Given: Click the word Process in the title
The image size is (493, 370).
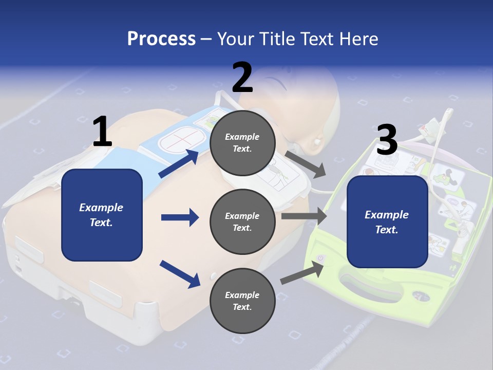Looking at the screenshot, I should click(x=161, y=39).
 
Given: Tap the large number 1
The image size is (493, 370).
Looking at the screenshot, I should click(x=102, y=132).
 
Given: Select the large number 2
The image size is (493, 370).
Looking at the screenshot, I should click(x=242, y=77).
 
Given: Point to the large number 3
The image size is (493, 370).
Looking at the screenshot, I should click(x=387, y=140).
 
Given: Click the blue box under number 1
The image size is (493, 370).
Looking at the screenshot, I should click(x=102, y=215).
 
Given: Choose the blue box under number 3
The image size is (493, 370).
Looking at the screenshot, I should click(x=387, y=221).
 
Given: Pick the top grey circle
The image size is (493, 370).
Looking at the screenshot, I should click(x=242, y=143).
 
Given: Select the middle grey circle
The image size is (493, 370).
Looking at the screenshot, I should click(x=242, y=221).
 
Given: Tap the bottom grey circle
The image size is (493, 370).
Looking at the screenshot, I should click(x=242, y=301).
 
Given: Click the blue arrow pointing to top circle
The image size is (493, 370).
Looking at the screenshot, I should click(x=179, y=163).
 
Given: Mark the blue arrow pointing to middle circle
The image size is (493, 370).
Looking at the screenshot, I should click(x=180, y=217).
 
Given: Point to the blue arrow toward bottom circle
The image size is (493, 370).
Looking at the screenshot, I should click(x=180, y=274).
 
